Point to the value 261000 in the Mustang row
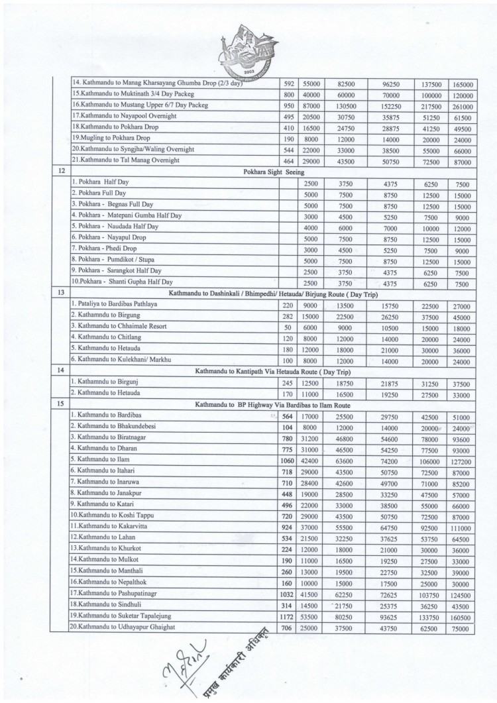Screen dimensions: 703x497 coord(463,106)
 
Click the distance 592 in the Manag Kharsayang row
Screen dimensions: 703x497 coord(288,84)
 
